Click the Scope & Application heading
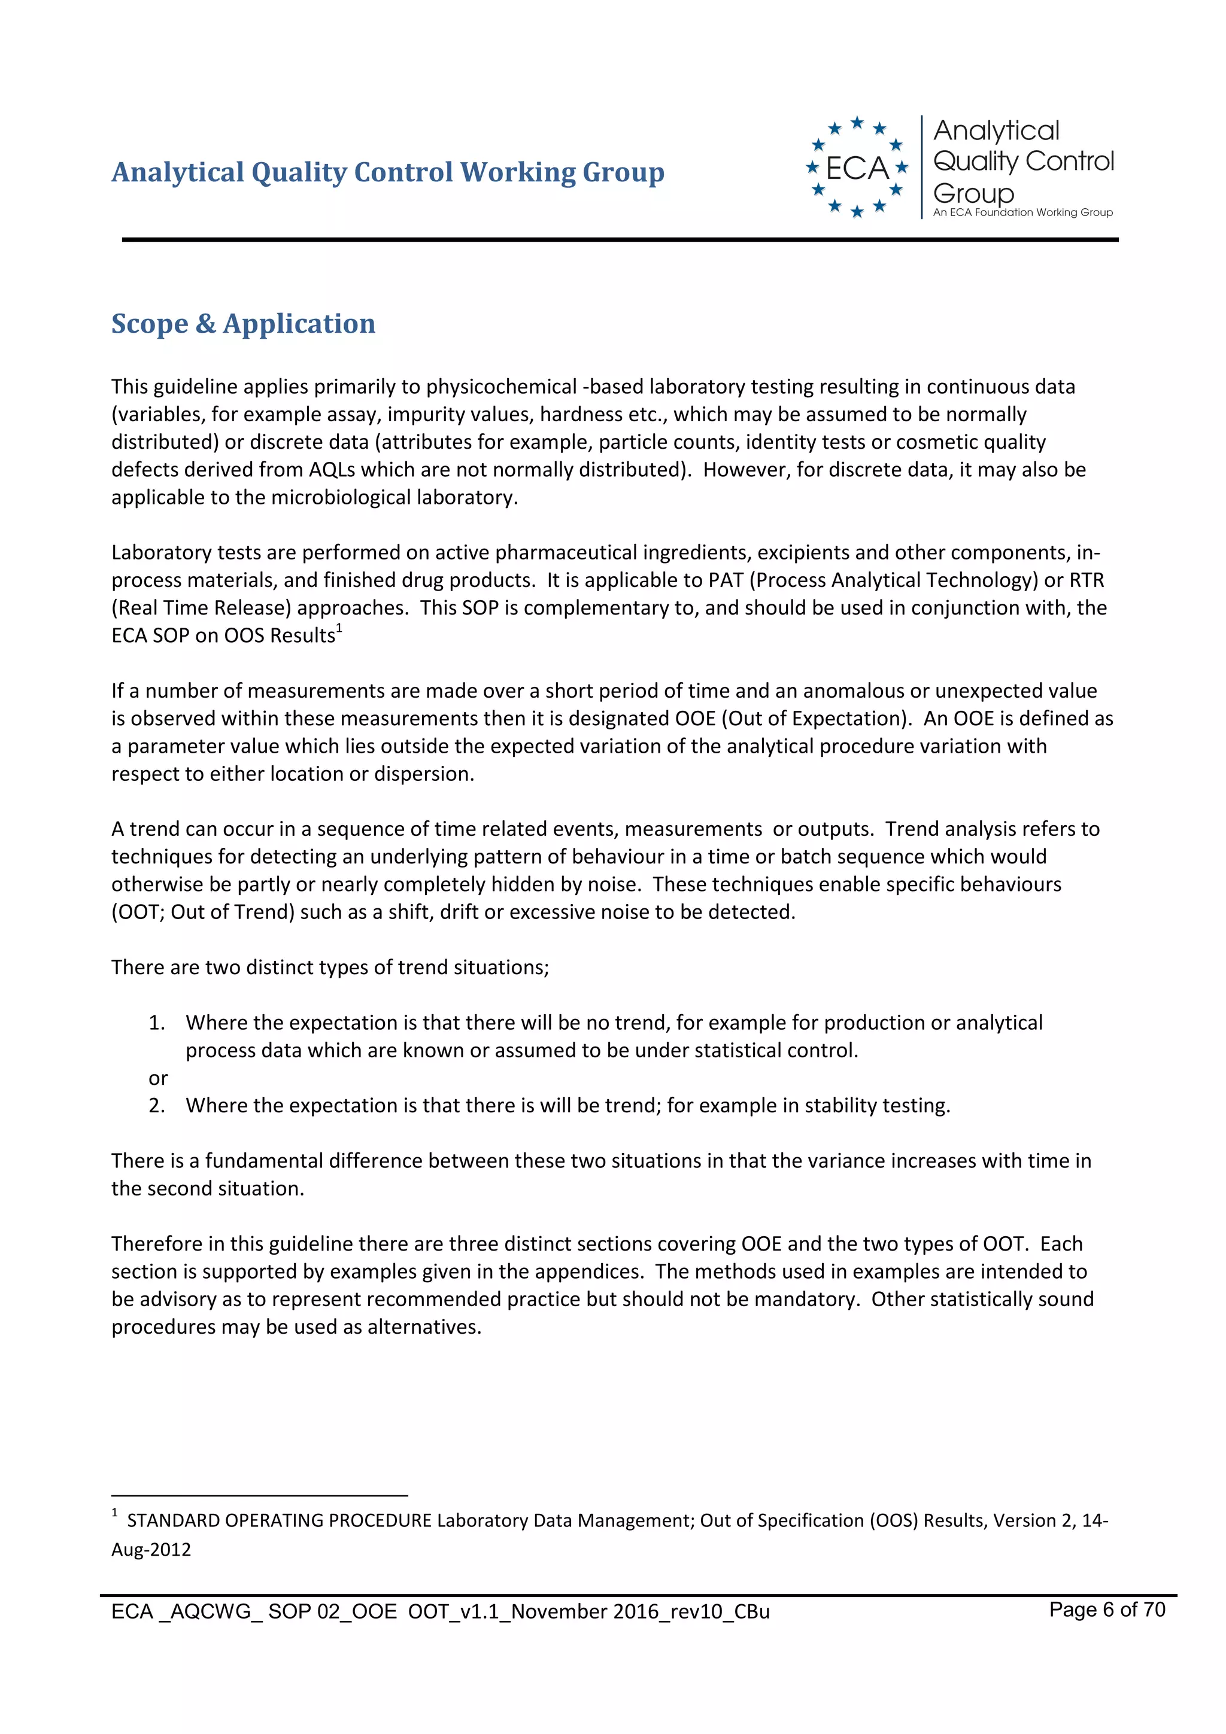(x=242, y=323)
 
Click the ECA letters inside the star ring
(x=857, y=168)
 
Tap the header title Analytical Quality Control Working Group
(x=387, y=172)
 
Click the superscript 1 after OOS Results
(x=340, y=628)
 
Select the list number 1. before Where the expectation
(x=156, y=1023)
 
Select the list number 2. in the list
(x=156, y=1106)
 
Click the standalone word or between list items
(x=158, y=1078)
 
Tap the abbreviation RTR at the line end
(x=1087, y=580)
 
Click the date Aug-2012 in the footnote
(x=151, y=1550)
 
